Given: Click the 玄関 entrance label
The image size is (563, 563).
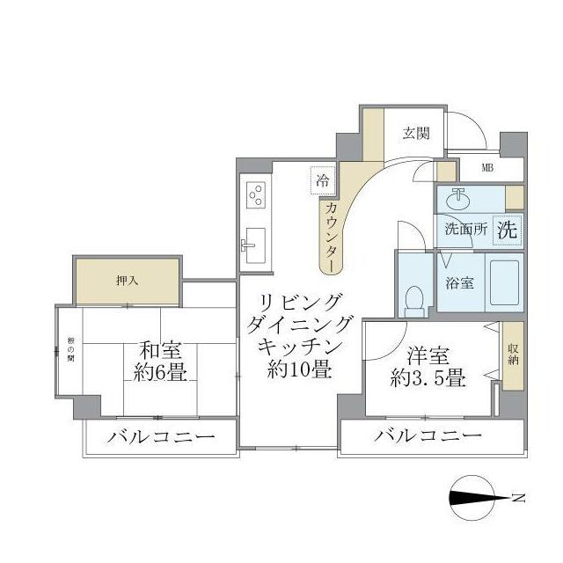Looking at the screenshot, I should [x=416, y=134].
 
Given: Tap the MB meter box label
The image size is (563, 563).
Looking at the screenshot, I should [x=487, y=168].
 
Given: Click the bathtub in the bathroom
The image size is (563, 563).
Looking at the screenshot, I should [x=504, y=282].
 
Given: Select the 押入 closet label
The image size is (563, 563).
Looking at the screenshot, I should [x=128, y=281].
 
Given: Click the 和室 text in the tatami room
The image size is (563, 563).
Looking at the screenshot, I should [x=160, y=349].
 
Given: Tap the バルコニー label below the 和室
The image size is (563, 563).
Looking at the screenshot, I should [x=162, y=437].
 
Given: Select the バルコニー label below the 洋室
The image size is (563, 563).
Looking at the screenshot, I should [x=428, y=436].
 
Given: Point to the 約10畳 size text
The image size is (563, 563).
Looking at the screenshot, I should [x=300, y=370].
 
